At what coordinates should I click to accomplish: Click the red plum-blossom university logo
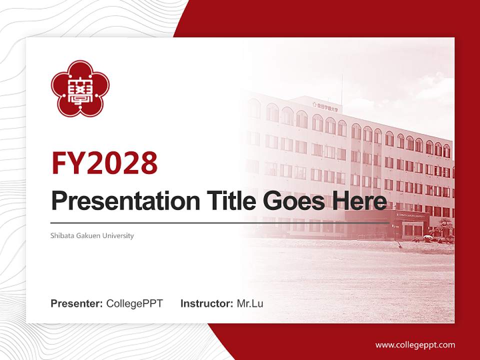tap(80, 89)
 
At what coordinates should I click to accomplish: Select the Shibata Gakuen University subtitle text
tap(92, 235)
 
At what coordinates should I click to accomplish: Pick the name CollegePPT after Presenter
tap(134, 303)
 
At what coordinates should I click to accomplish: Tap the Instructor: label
tap(206, 303)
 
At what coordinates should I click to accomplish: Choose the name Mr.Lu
tap(249, 303)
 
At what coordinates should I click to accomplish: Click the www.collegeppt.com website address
tap(415, 345)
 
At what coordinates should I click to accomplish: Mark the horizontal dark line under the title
tap(220, 222)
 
